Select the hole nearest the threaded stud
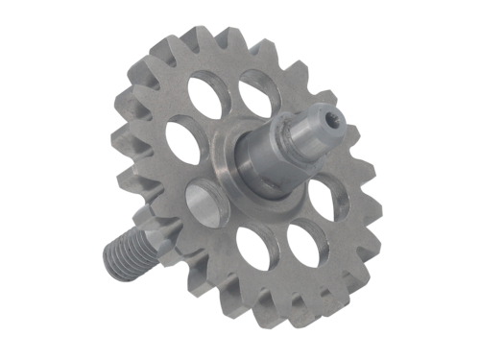(x=207, y=204)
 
